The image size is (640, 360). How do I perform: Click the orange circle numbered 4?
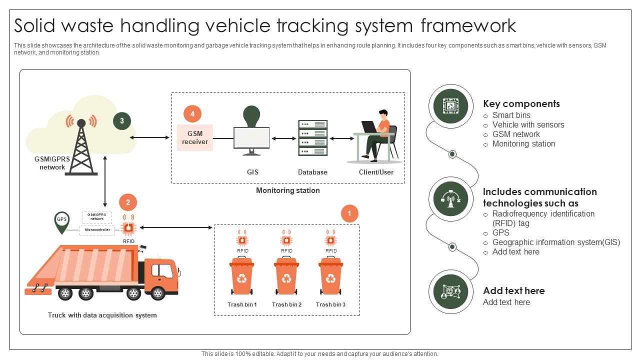192,114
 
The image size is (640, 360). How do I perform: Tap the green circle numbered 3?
122,120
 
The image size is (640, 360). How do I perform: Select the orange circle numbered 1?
349,213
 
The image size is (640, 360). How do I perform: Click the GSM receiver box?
195,137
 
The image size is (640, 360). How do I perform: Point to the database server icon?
312,138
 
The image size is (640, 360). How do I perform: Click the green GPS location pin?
62,221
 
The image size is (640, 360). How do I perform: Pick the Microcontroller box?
97,230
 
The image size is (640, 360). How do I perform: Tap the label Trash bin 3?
330,304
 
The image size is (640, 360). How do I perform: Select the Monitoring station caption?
287,190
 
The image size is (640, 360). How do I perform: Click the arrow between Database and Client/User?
341,138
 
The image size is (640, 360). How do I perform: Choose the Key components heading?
521,103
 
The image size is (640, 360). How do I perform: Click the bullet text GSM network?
516,134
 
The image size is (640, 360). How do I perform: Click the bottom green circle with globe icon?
450,292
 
